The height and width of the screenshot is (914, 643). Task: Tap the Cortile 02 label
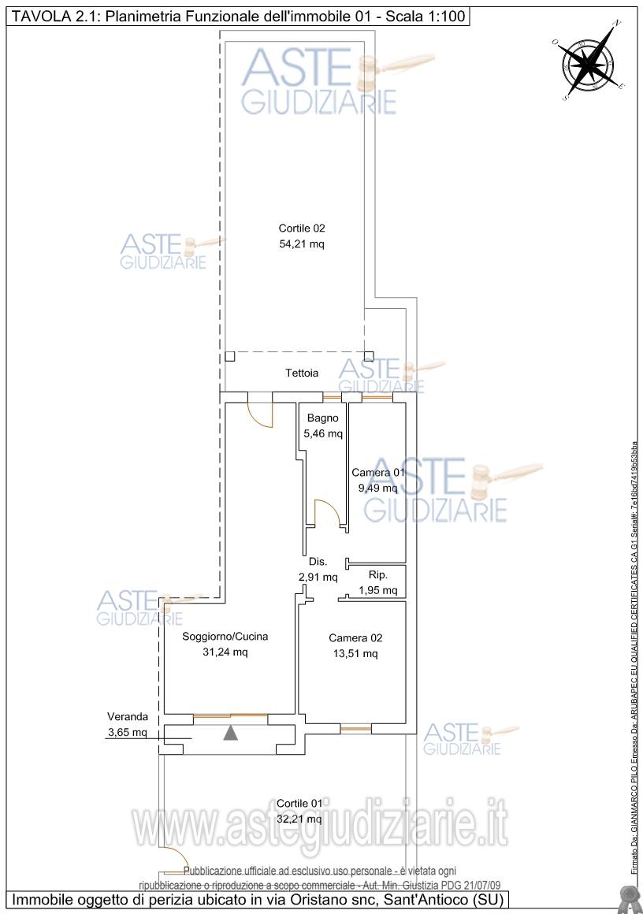[301, 228]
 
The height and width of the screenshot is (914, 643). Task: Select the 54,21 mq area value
[301, 244]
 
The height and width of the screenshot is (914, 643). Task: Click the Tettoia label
[302, 373]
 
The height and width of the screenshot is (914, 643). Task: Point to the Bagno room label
[323, 418]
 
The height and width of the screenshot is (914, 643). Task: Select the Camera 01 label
[378, 473]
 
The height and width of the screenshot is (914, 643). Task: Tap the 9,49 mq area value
[378, 488]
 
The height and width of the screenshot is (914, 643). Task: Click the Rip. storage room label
[378, 576]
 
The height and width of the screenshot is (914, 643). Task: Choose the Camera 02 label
[355, 637]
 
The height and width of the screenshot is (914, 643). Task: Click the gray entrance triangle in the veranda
[230, 734]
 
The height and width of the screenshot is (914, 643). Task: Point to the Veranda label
[128, 717]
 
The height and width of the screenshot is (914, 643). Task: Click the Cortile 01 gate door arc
[175, 859]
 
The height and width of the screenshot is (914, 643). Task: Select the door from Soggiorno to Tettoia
[260, 413]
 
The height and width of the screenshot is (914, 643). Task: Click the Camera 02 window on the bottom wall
[355, 729]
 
